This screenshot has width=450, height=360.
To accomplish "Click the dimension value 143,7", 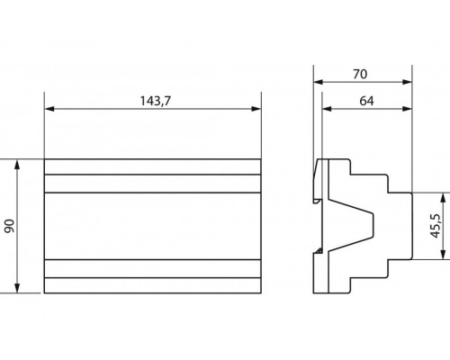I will point(153,100).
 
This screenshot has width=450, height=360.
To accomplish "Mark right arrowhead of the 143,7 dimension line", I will point(257,110).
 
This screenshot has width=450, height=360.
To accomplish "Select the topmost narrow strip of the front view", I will point(153,166).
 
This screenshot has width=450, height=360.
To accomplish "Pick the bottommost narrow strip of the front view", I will point(153,285).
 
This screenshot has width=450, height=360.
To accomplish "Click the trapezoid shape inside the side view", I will point(356,225).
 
